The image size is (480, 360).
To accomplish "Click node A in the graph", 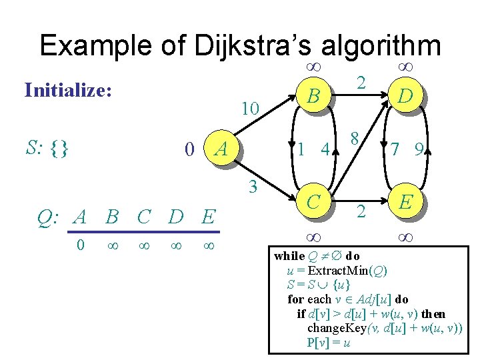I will tap(223, 149).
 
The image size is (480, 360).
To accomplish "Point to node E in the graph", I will tap(404, 202).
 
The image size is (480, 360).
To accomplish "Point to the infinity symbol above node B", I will tap(313, 67).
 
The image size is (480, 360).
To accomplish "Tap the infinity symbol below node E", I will tap(404, 236).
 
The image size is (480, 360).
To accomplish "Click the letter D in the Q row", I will tap(176, 217).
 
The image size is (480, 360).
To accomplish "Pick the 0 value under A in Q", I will tap(80, 245).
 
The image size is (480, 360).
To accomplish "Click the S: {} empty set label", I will tap(47, 147).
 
